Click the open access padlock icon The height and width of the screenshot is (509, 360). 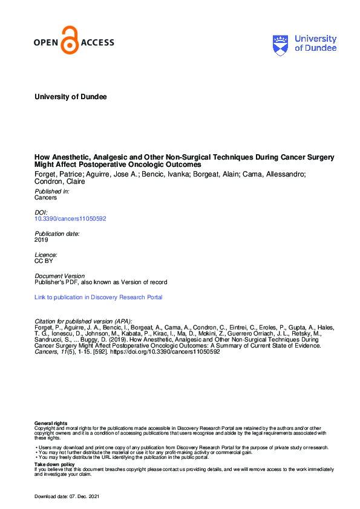coord(71,41)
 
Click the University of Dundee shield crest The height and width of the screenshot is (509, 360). coord(281,44)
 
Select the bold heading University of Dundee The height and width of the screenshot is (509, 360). coord(71,97)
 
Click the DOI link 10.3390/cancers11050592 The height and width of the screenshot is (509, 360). coord(71,219)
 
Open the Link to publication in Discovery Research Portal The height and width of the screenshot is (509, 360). coord(99,297)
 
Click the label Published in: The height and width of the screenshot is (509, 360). coord(52,191)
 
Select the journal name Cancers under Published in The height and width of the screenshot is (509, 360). coord(46,198)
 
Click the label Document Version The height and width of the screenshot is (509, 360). coord(60,276)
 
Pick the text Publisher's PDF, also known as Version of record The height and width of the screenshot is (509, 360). coord(101,282)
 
